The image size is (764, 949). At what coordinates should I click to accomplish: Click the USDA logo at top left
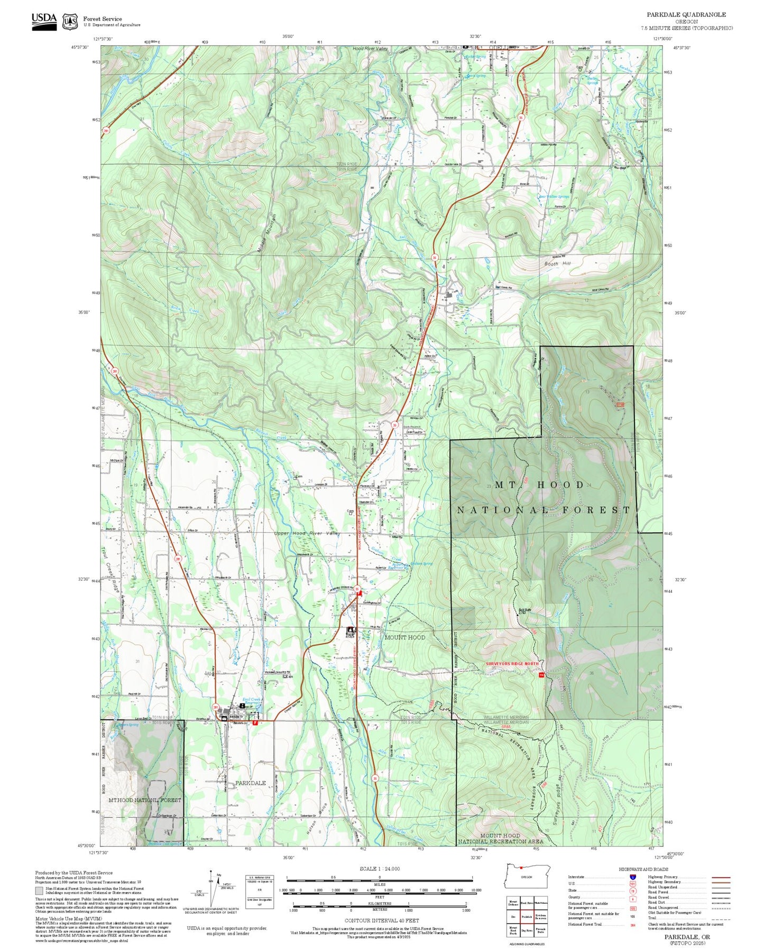pos(44,21)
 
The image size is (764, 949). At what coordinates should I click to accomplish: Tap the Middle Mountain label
pos(268,233)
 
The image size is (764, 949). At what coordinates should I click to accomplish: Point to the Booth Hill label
pos(557,263)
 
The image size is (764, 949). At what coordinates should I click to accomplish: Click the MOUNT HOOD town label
pos(404,637)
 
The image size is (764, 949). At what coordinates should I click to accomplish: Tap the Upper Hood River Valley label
pos(307,533)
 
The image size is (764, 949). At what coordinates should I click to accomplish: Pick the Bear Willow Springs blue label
pos(554,196)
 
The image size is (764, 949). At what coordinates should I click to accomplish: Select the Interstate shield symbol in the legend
pos(632,877)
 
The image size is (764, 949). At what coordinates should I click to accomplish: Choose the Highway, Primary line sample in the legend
pos(721,877)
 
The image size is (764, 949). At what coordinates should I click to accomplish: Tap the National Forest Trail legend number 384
pos(632,924)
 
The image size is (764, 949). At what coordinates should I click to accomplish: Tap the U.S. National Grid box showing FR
pos(259,890)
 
